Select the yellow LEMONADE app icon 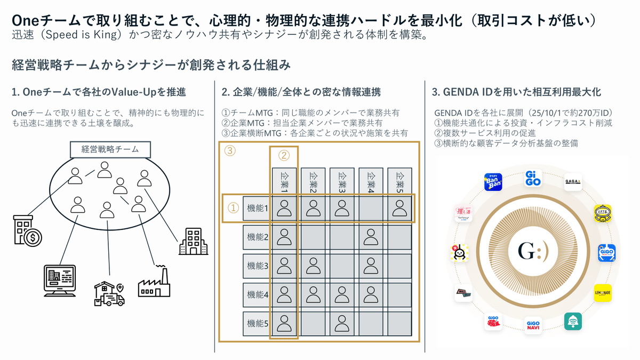(x=603, y=293)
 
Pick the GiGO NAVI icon (x=533, y=325)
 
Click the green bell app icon (x=573, y=321)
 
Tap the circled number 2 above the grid (x=284, y=156)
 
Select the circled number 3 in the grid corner (x=230, y=151)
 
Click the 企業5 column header (x=399, y=181)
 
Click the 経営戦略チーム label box (x=110, y=149)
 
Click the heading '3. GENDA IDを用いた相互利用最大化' (x=516, y=92)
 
